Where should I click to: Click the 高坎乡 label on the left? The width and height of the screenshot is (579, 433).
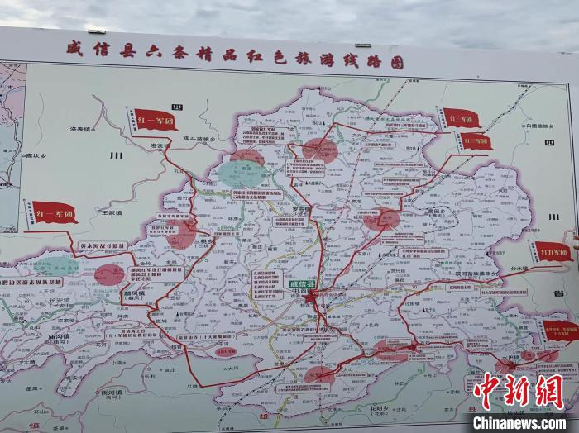click(x=36, y=155)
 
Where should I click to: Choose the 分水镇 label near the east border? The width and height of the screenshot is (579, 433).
click(x=542, y=269)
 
